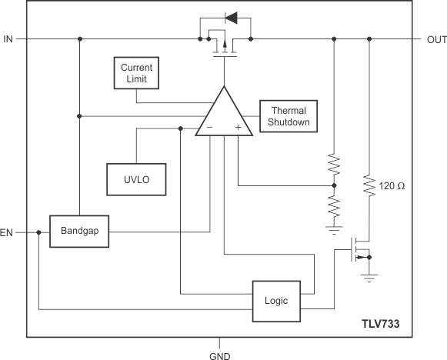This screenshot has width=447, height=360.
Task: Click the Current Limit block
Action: pos(135,73)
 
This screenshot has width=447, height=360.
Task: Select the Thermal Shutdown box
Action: pos(289,116)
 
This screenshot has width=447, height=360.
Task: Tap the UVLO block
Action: pos(127,178)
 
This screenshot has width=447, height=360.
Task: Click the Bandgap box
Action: pos(80,231)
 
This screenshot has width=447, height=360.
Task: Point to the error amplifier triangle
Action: pos(224,115)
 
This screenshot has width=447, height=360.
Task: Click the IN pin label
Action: pos(8,38)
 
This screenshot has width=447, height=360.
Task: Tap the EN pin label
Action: pos(8,231)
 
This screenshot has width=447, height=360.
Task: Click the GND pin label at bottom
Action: pos(220,355)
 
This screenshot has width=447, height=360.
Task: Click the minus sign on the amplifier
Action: pos(210,128)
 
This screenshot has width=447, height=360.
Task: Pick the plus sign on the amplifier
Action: pos(238,128)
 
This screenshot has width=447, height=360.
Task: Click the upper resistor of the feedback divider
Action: pos(334,165)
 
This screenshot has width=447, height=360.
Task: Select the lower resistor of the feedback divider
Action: pos(334,205)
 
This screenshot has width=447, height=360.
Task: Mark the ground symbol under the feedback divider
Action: pos(334,229)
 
